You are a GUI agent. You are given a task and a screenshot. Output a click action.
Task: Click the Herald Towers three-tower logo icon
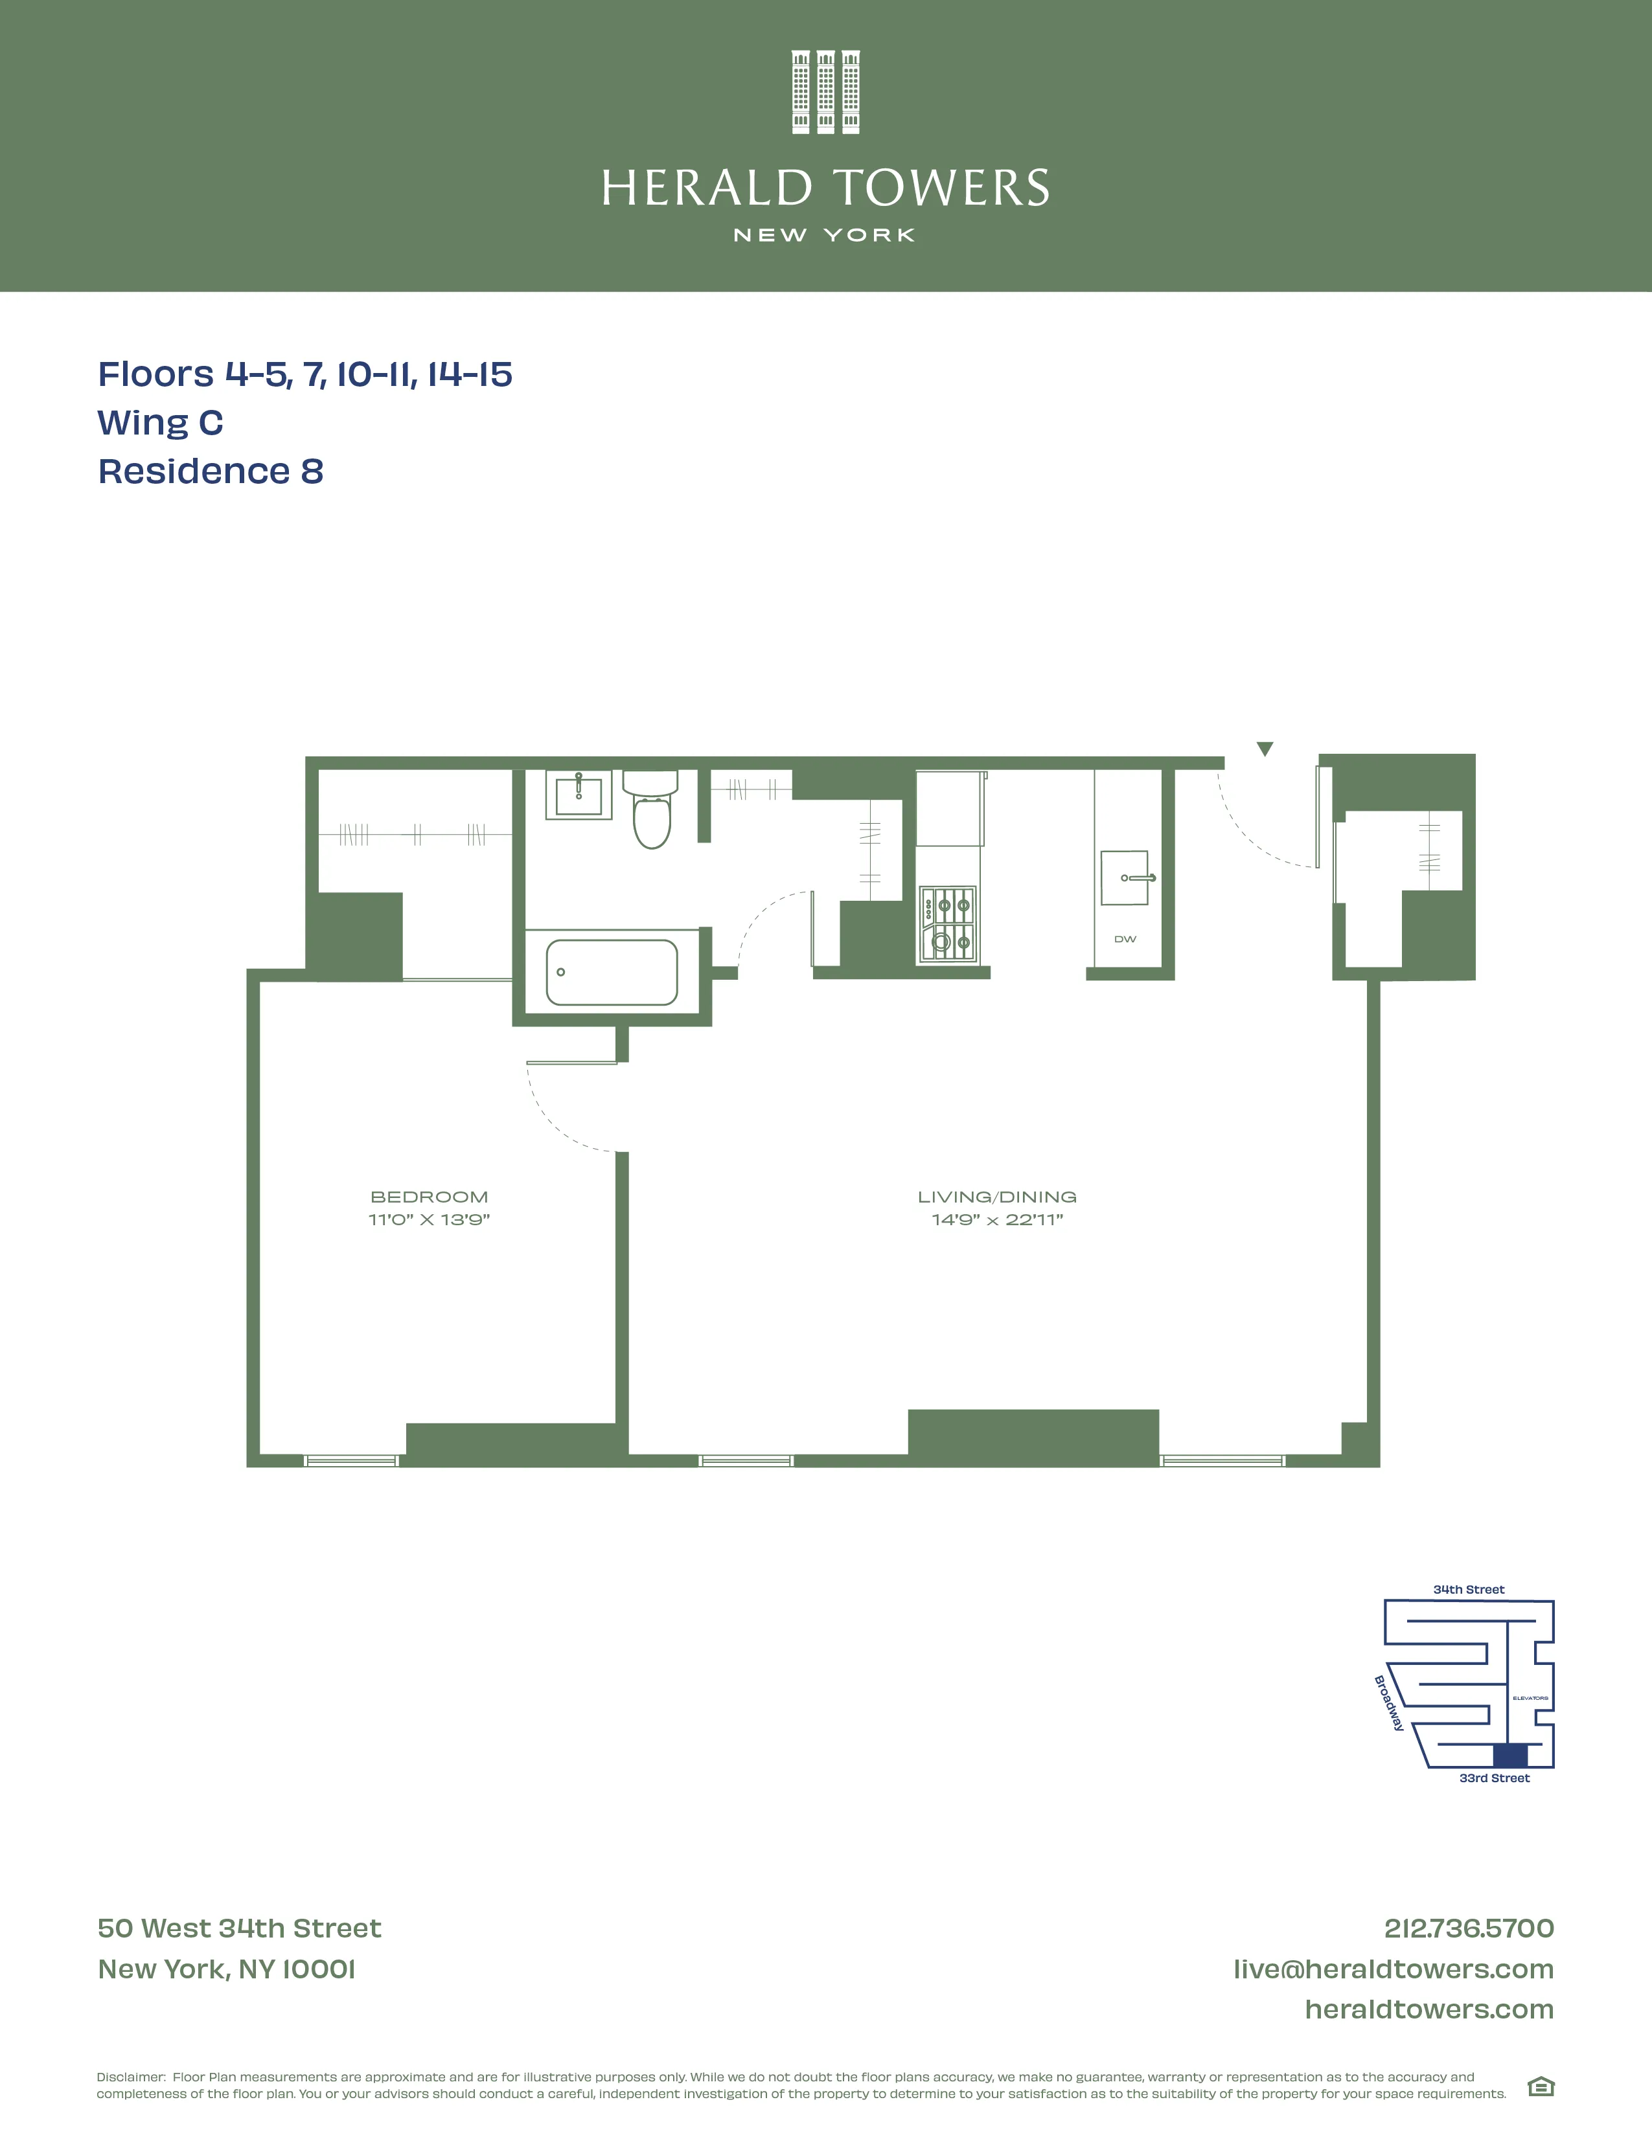click(x=825, y=92)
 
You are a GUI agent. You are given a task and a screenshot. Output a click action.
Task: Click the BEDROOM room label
click(x=429, y=1197)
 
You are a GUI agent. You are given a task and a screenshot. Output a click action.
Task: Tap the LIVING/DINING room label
click(x=996, y=1197)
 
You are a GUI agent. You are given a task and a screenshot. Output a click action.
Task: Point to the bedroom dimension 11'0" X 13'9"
click(x=429, y=1220)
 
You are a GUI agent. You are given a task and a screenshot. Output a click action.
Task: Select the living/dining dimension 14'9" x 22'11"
click(x=996, y=1220)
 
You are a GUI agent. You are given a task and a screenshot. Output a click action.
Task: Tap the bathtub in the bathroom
click(x=612, y=973)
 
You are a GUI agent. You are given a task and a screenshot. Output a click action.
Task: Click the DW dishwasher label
click(x=1125, y=940)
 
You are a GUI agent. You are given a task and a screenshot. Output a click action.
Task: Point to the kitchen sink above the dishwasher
click(x=1125, y=877)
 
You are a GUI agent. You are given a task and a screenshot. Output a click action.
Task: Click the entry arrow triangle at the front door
click(x=1265, y=749)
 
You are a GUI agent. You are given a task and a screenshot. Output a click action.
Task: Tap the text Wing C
click(x=161, y=423)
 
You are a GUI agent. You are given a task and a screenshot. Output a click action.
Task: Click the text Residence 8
click(x=211, y=471)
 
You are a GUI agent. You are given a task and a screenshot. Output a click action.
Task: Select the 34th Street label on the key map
click(x=1468, y=1590)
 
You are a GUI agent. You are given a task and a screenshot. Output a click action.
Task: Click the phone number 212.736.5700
click(x=1468, y=1928)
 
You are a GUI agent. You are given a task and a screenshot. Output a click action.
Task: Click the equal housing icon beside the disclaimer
click(x=1541, y=2087)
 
